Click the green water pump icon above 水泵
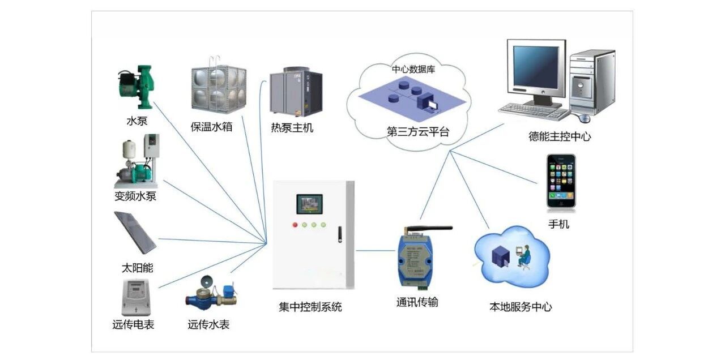(135, 87)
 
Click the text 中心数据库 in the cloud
(413, 70)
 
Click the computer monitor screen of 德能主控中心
(535, 67)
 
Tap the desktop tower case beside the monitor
(592, 82)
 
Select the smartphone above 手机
(561, 181)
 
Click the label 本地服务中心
(520, 307)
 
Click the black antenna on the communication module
(436, 229)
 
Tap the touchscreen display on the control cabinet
(309, 204)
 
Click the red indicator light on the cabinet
(295, 225)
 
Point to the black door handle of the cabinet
(340, 234)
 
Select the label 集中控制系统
(310, 307)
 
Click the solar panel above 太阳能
(135, 233)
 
